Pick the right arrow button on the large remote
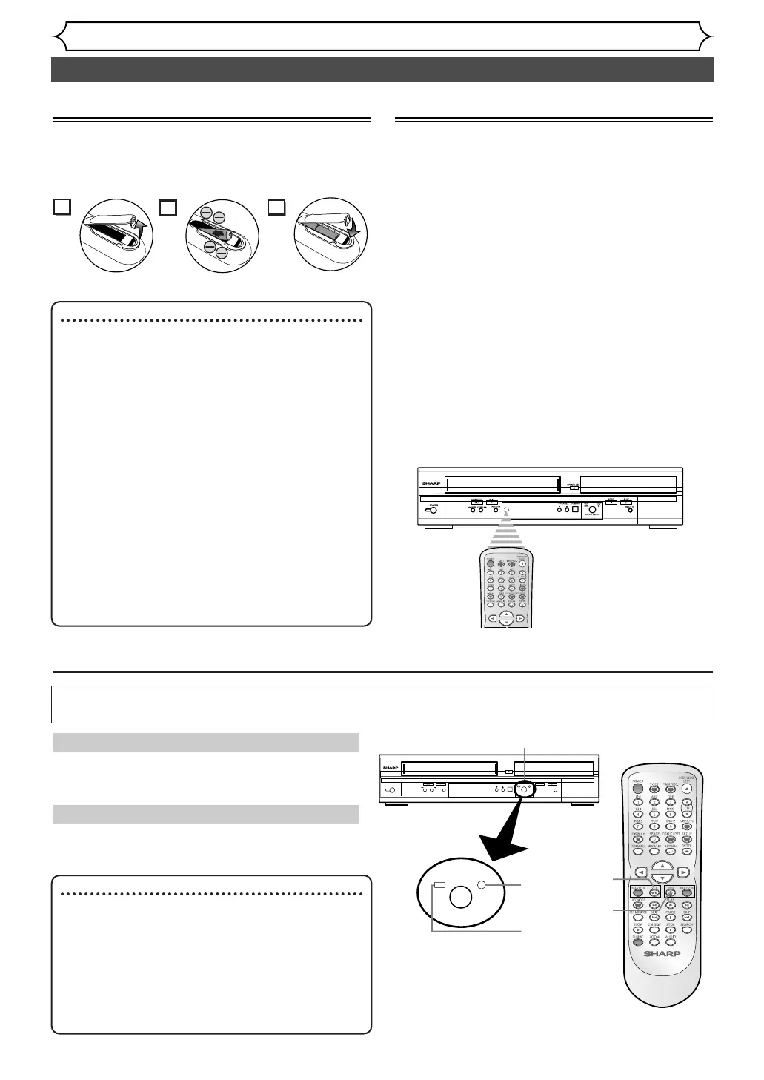pyautogui.click(x=682, y=872)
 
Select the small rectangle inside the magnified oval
pyautogui.click(x=439, y=885)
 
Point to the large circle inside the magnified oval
pyautogui.click(x=459, y=897)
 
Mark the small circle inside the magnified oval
pyautogui.click(x=482, y=884)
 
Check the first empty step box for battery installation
pyautogui.click(x=62, y=207)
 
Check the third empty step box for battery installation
pyautogui.click(x=276, y=207)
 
